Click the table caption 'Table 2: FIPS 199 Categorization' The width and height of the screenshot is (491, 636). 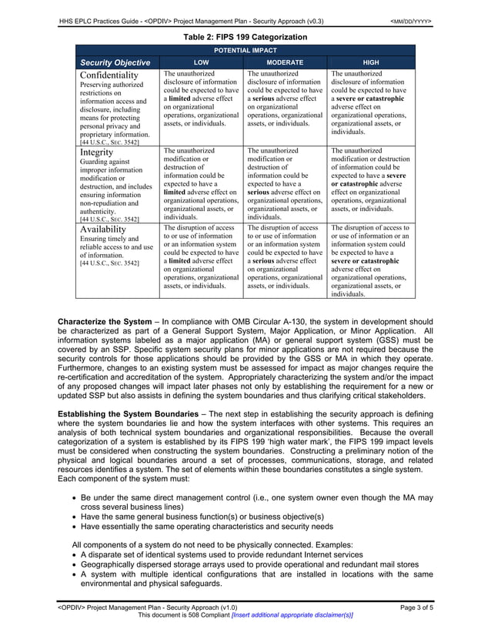(244, 37)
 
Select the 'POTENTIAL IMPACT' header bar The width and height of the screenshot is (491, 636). (244, 49)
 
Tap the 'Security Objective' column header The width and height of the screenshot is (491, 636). (117, 62)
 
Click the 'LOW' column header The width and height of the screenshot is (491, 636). (201, 62)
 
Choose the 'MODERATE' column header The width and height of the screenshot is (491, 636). (284, 62)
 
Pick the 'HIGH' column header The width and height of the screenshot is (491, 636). (370, 62)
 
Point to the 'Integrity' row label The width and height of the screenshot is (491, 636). (96, 152)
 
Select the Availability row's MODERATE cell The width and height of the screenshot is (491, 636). (284, 257)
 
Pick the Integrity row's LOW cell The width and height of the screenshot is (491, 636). (201, 184)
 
